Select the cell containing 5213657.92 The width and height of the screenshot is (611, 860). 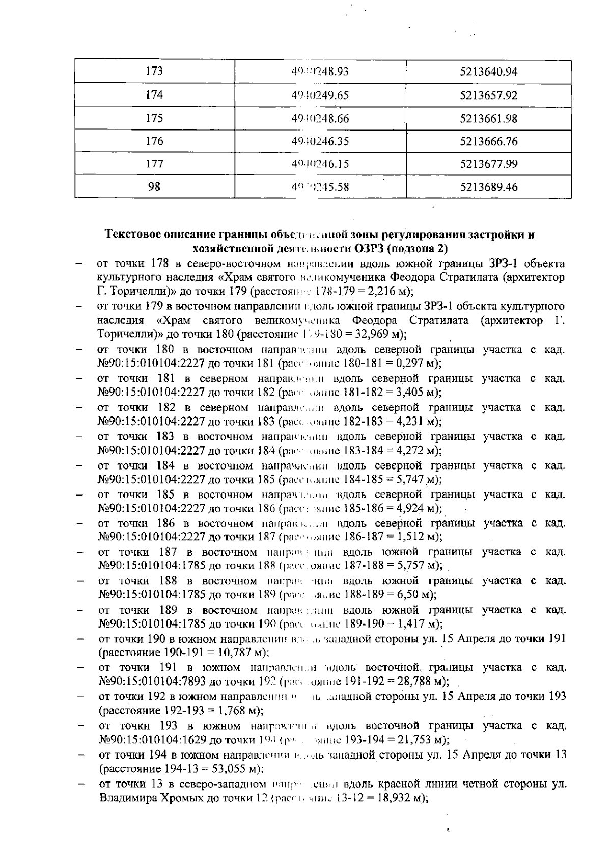(488, 95)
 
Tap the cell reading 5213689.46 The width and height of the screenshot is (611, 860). (488, 187)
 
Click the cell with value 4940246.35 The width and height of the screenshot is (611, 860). (320, 141)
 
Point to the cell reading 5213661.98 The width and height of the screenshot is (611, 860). (488, 118)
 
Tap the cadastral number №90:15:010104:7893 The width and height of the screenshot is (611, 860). (152, 682)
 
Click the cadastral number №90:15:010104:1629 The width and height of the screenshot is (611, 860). (152, 739)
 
